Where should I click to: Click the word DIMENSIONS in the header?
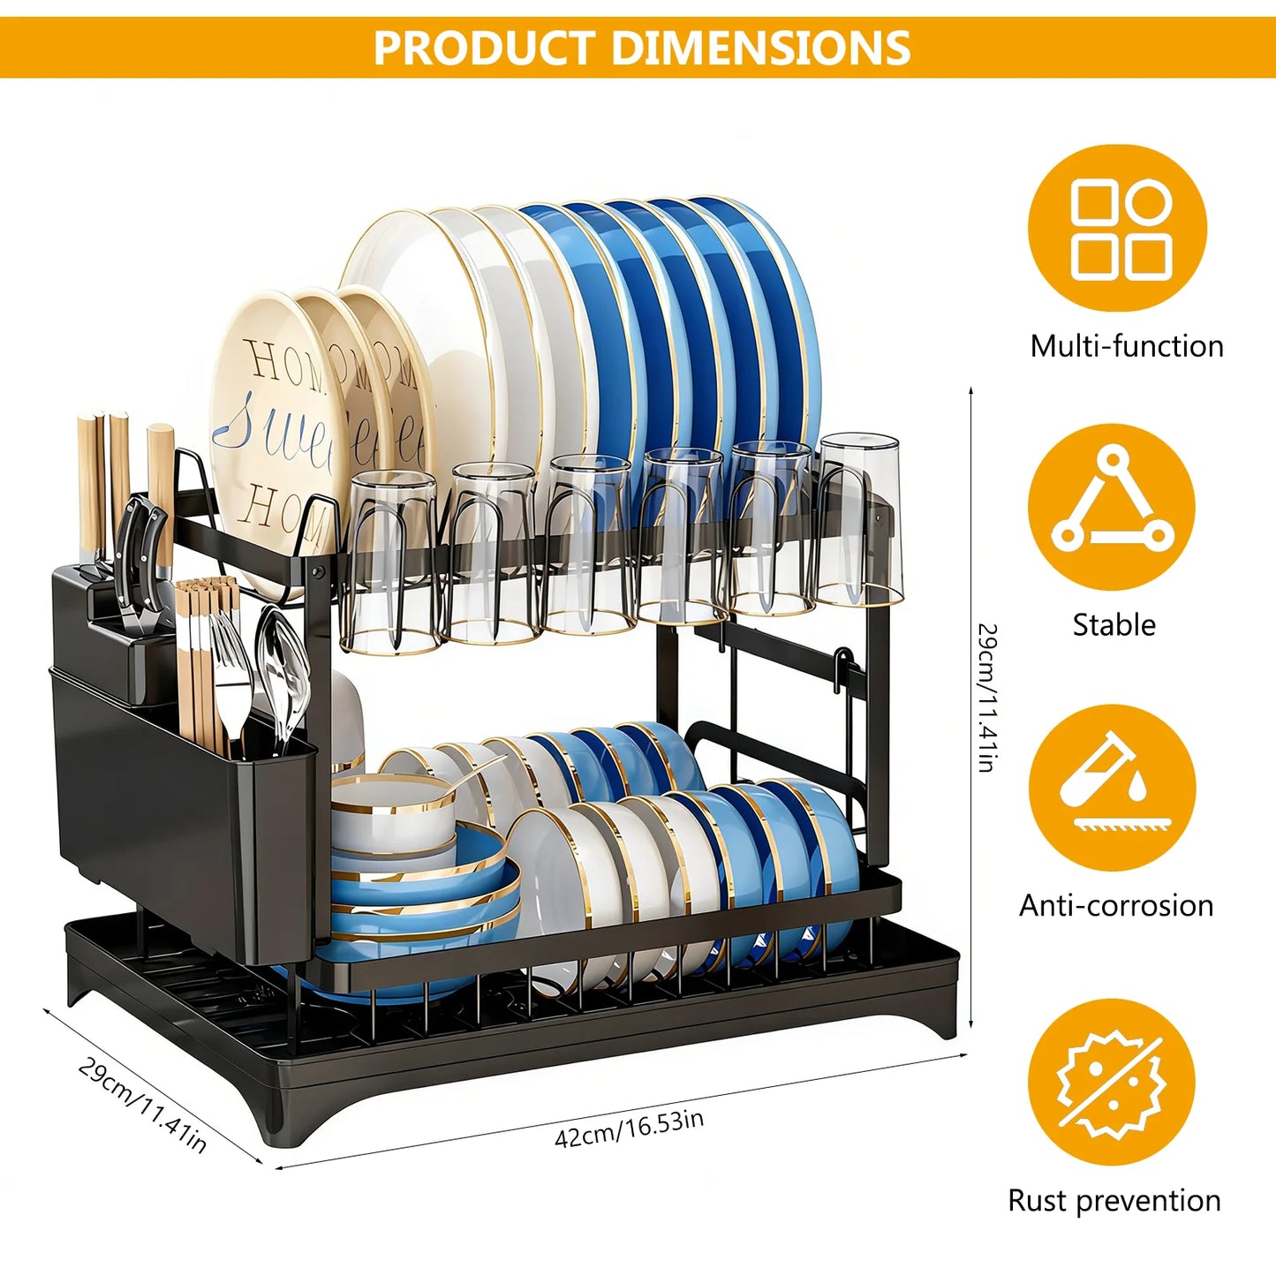(x=761, y=47)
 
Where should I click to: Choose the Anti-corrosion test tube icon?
(x=1113, y=788)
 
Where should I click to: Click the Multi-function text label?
(x=1127, y=346)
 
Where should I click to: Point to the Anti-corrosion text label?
(x=1116, y=905)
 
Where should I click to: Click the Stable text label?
(x=1114, y=625)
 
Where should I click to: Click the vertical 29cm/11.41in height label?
(x=987, y=698)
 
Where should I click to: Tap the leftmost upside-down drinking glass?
(x=390, y=562)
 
